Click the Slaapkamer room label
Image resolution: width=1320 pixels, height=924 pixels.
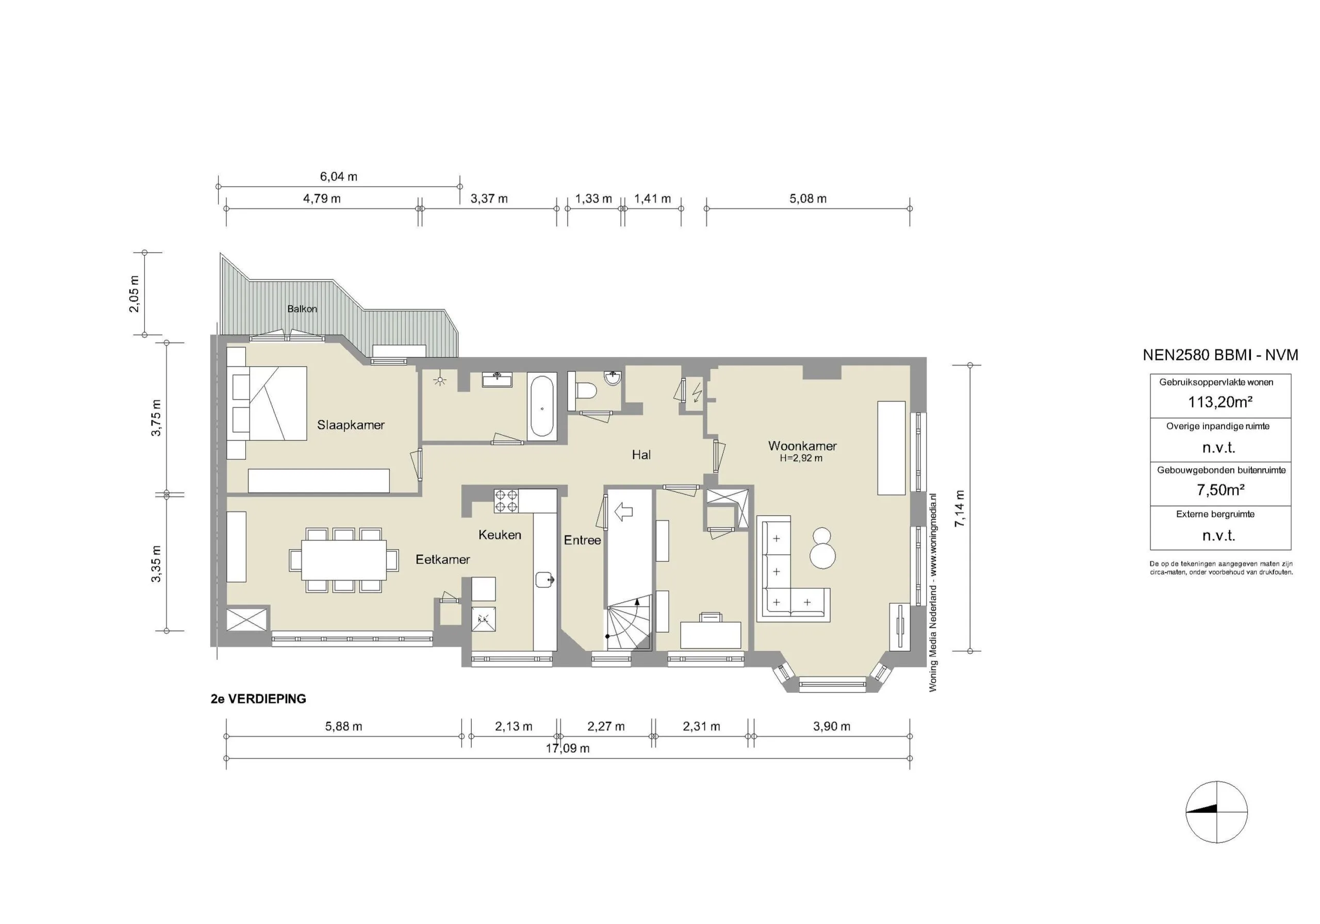pyautogui.click(x=350, y=425)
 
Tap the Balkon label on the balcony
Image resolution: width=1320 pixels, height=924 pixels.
pyautogui.click(x=302, y=309)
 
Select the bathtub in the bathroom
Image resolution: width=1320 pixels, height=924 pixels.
pyautogui.click(x=541, y=405)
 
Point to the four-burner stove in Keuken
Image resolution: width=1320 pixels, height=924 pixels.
pyautogui.click(x=505, y=500)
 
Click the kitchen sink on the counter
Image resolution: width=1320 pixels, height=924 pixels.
pyautogui.click(x=544, y=579)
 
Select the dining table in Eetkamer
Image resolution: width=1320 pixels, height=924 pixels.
pyautogui.click(x=343, y=559)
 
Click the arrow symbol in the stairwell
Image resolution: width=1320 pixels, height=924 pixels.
pyautogui.click(x=623, y=510)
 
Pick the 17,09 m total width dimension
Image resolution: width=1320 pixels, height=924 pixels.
pyautogui.click(x=567, y=748)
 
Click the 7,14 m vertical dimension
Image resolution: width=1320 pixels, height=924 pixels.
pyautogui.click(x=960, y=508)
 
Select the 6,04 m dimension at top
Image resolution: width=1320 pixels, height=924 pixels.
pyautogui.click(x=338, y=176)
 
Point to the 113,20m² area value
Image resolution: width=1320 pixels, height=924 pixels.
pyautogui.click(x=1220, y=402)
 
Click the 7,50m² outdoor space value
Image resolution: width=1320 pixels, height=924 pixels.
pyautogui.click(x=1220, y=490)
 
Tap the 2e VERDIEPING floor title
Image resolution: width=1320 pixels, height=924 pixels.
pyautogui.click(x=258, y=699)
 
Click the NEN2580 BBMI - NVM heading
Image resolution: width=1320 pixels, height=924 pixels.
pyautogui.click(x=1220, y=355)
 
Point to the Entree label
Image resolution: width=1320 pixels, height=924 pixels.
pyautogui.click(x=582, y=540)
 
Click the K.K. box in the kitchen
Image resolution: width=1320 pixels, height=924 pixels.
pyautogui.click(x=483, y=619)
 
